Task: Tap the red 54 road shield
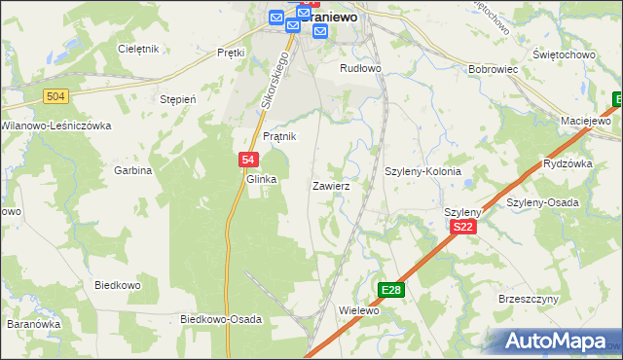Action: click(x=248, y=161)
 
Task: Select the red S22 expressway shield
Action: click(x=463, y=227)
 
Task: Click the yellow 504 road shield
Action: click(x=55, y=94)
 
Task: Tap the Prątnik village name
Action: click(x=278, y=137)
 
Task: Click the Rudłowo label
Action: click(x=360, y=69)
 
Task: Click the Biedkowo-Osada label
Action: click(x=221, y=319)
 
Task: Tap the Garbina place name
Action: click(x=134, y=170)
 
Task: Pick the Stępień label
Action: click(x=178, y=99)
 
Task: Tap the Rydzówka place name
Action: click(x=568, y=163)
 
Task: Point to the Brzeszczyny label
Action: click(x=526, y=300)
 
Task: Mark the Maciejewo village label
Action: click(x=585, y=121)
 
